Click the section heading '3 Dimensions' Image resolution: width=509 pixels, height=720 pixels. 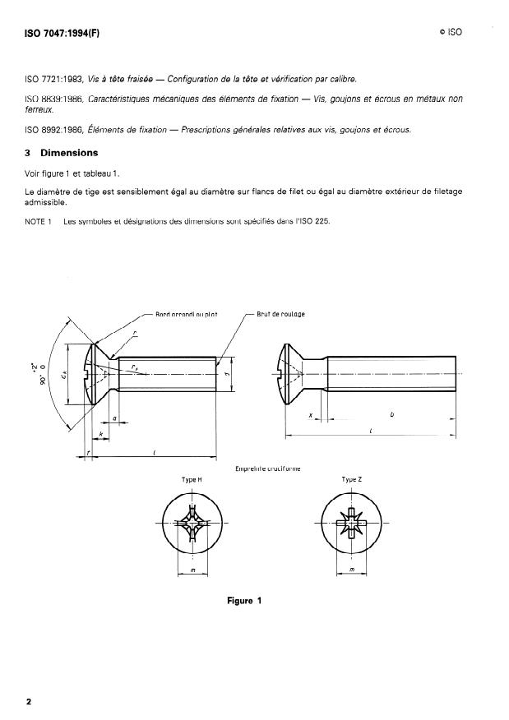point(62,153)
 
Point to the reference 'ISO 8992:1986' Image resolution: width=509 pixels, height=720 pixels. point(56,129)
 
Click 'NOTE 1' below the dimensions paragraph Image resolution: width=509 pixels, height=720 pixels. point(39,221)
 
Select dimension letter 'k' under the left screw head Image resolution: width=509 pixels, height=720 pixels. point(99,433)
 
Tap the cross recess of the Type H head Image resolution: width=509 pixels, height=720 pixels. point(192,524)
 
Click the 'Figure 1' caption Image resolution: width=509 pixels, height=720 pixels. point(244,601)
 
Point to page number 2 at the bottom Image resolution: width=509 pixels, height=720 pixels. point(29,701)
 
